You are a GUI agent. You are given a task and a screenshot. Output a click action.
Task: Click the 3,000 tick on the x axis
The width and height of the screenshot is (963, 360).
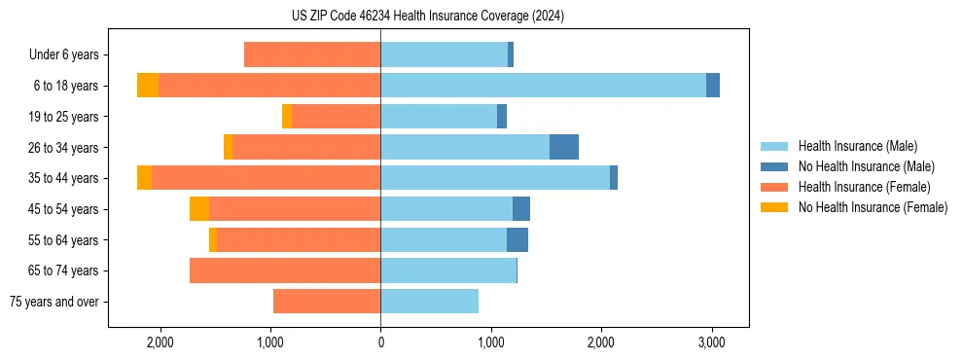pos(712,342)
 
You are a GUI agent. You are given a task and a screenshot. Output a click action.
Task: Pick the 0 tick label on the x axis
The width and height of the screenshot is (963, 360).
pos(380,342)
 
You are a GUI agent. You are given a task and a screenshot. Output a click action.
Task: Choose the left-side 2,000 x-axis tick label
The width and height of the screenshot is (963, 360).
pos(160,342)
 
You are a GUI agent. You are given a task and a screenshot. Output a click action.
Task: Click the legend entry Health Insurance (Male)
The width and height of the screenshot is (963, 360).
pos(857,146)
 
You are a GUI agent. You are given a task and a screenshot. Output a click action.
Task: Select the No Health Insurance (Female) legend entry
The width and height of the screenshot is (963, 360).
pos(873,207)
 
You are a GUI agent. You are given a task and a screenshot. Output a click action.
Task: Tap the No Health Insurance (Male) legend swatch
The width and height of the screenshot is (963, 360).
pos(775,166)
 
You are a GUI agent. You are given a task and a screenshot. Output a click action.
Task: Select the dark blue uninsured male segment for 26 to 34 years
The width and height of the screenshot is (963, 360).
pos(564,147)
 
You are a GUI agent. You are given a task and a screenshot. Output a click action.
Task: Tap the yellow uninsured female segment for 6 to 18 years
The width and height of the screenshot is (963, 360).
pos(148,86)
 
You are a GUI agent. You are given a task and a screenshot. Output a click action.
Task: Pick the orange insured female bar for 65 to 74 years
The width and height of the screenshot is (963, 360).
pos(285,270)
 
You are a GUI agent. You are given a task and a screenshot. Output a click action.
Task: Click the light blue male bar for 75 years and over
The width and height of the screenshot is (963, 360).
pos(429,302)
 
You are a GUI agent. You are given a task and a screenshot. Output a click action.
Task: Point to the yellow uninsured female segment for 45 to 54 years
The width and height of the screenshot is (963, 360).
pos(199,209)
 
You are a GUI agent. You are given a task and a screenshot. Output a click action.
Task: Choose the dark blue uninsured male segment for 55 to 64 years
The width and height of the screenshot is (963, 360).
pos(517,239)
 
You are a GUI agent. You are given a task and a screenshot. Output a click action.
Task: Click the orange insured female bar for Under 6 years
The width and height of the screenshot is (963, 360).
pos(312,55)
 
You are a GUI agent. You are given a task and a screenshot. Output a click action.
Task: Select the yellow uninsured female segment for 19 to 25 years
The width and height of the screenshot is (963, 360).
pos(287,117)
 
